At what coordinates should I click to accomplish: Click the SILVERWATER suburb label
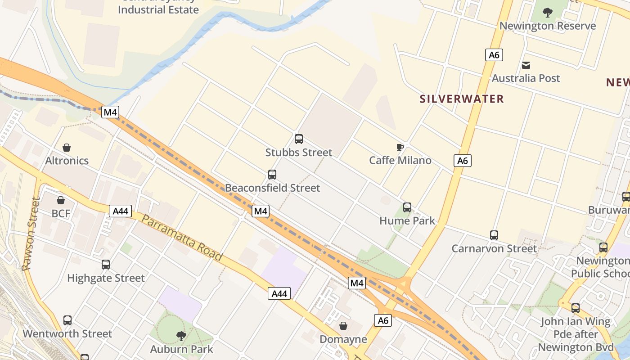[x=462, y=99]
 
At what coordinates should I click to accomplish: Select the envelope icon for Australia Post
[x=526, y=65]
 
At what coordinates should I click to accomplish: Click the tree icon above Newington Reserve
[x=547, y=13]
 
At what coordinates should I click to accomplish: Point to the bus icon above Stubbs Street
[x=298, y=139]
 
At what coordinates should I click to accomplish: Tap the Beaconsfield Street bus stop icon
[x=272, y=175]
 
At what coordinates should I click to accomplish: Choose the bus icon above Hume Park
[x=407, y=207]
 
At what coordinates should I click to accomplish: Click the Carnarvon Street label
[x=494, y=248]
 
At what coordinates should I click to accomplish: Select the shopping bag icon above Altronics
[x=67, y=148]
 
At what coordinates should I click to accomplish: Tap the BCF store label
[x=61, y=213]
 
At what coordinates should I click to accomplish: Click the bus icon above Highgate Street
[x=106, y=265]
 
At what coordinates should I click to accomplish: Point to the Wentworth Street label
[x=67, y=334]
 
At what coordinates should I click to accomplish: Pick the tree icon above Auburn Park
[x=181, y=336]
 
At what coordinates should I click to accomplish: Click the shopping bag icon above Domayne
[x=343, y=326]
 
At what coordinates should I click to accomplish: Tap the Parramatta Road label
[x=182, y=238]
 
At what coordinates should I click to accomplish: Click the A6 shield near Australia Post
[x=494, y=55]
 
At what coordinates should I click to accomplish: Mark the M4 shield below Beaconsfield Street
[x=261, y=211]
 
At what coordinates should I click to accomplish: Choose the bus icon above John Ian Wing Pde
[x=576, y=308]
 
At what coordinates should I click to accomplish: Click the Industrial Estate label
[x=158, y=9]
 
